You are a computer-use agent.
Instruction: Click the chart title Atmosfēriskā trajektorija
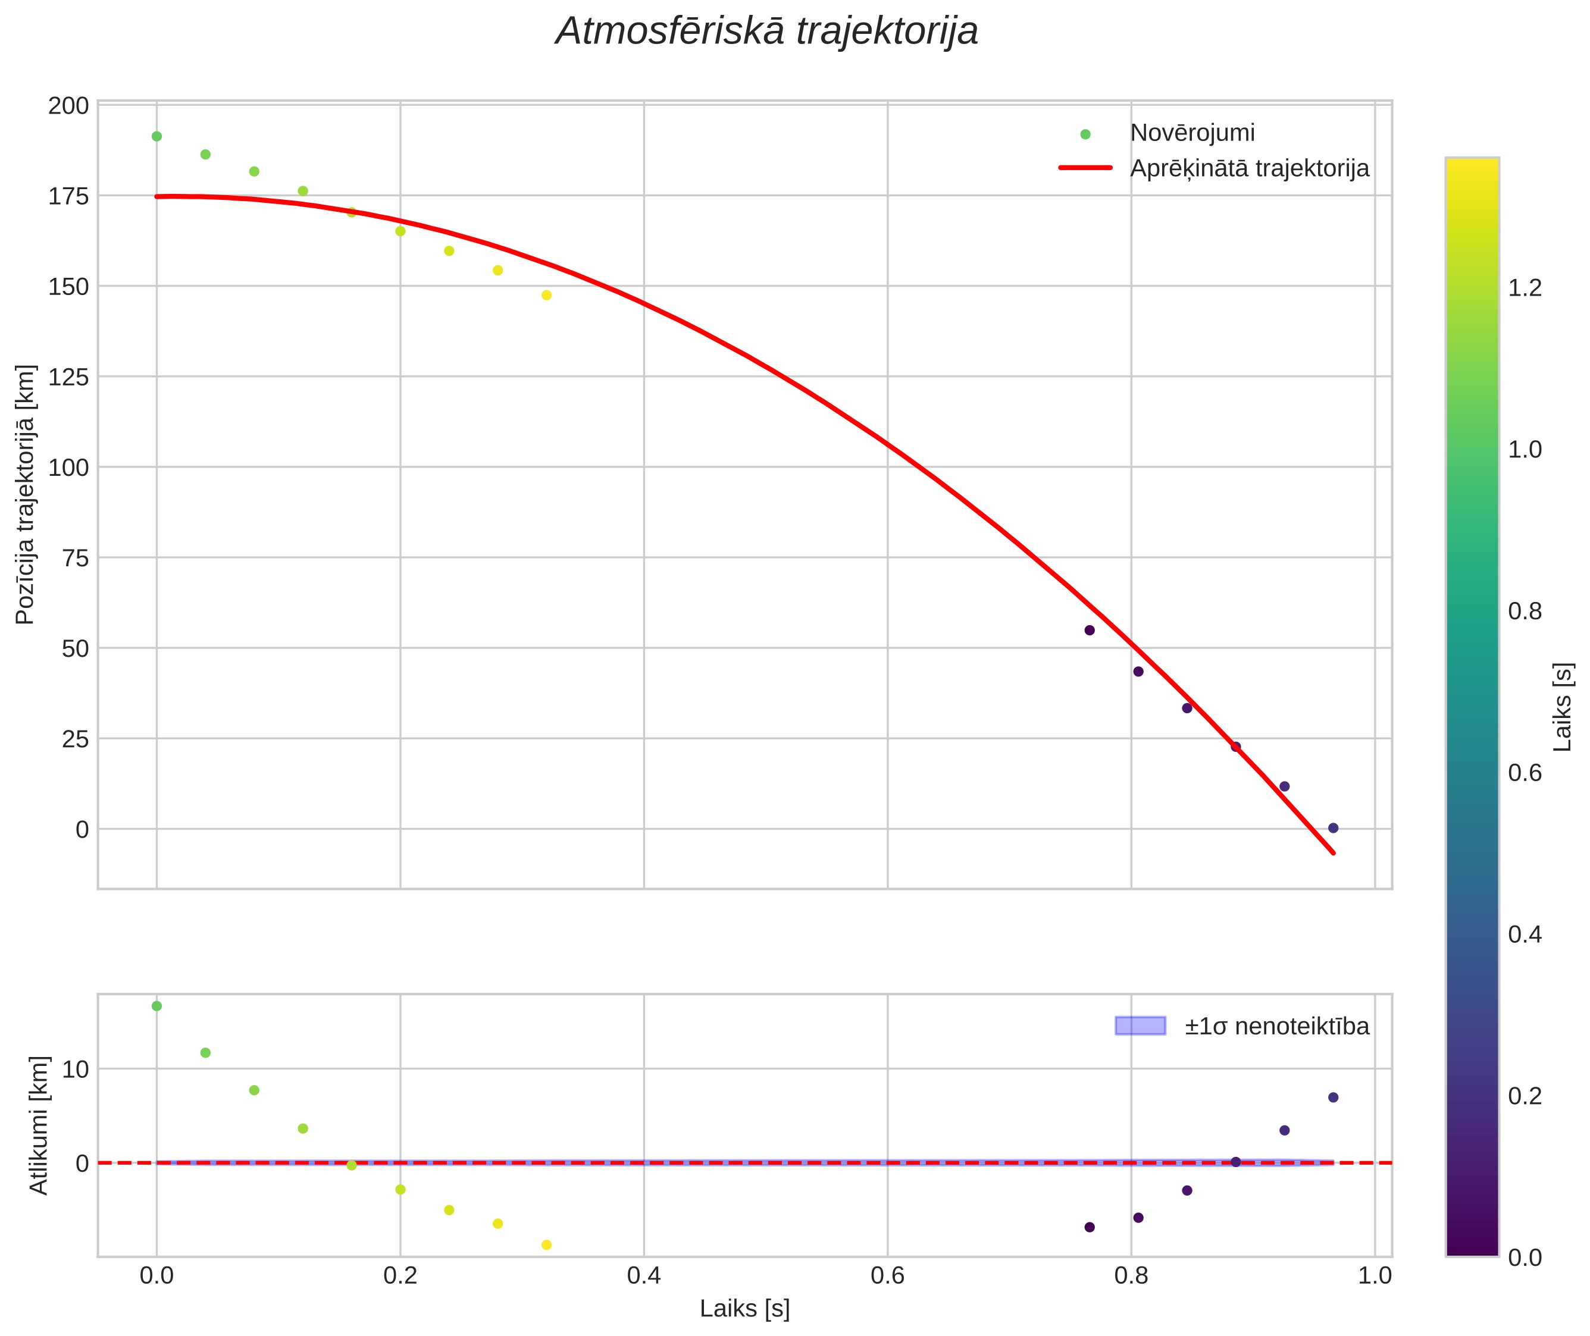point(766,32)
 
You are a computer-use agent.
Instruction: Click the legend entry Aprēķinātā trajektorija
point(1249,168)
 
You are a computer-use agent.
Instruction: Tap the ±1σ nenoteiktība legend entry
point(1276,1026)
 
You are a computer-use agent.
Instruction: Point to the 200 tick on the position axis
point(68,106)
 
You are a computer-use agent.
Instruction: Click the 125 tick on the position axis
point(68,377)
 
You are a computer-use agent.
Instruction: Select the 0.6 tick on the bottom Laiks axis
point(887,1275)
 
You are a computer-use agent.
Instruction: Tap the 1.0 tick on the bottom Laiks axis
point(1374,1275)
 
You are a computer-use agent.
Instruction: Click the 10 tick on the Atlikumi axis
point(76,1070)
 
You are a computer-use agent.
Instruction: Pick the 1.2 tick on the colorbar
point(1525,288)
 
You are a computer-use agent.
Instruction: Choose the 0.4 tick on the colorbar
point(1525,934)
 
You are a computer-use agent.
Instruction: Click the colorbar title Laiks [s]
point(1563,707)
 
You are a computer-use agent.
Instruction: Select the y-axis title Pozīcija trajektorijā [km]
point(25,494)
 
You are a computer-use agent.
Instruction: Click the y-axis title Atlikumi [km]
point(39,1125)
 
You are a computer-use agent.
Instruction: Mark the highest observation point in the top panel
point(157,136)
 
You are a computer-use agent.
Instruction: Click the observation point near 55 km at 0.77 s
point(1090,630)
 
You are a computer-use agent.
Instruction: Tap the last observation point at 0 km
point(1333,828)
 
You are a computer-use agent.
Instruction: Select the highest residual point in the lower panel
point(157,1006)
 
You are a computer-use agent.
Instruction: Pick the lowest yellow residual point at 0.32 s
point(547,1244)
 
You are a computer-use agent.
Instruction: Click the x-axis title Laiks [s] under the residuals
point(744,1308)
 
